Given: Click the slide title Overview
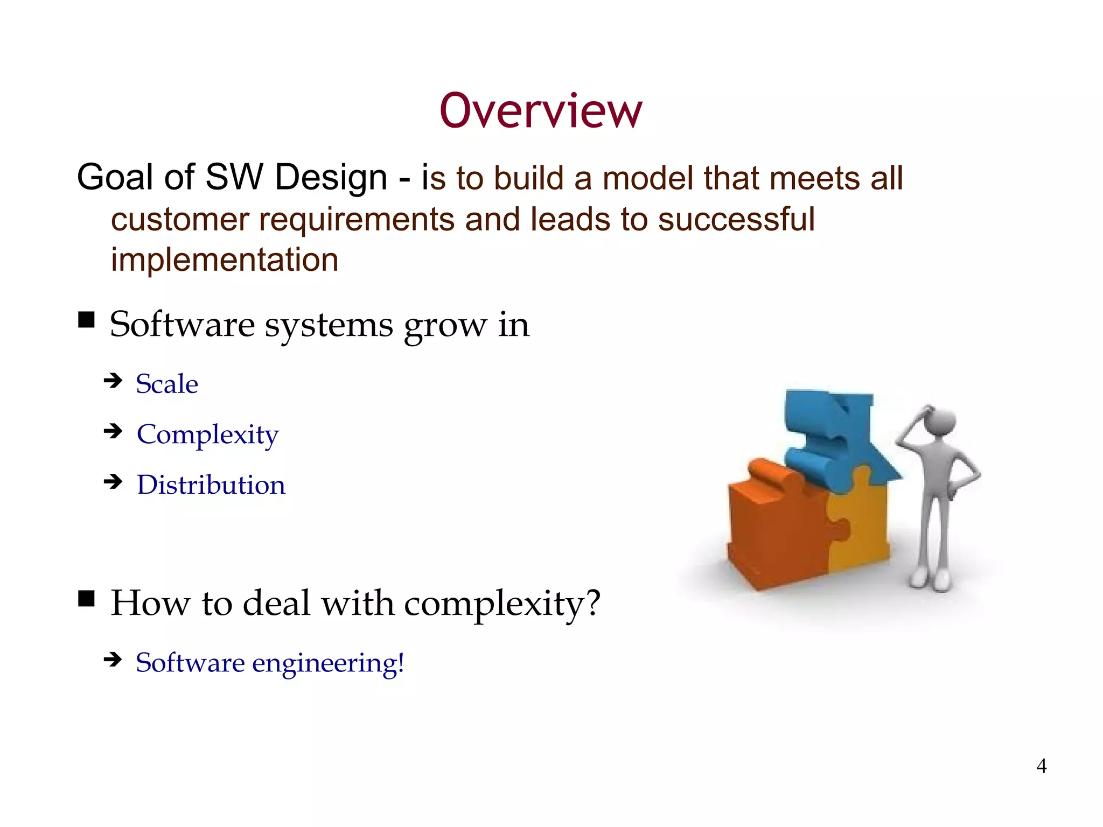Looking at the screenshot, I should (541, 111).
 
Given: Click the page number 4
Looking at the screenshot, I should (1041, 766).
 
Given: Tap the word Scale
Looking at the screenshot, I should (167, 384).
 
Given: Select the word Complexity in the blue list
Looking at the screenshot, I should (208, 434).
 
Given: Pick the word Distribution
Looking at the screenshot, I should (211, 485).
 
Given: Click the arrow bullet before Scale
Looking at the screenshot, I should (113, 381).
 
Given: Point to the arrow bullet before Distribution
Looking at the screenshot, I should (113, 481).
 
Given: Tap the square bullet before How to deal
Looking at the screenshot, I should (86, 598).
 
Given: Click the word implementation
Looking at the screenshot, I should (225, 260).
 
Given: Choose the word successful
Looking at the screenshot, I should (736, 220).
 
